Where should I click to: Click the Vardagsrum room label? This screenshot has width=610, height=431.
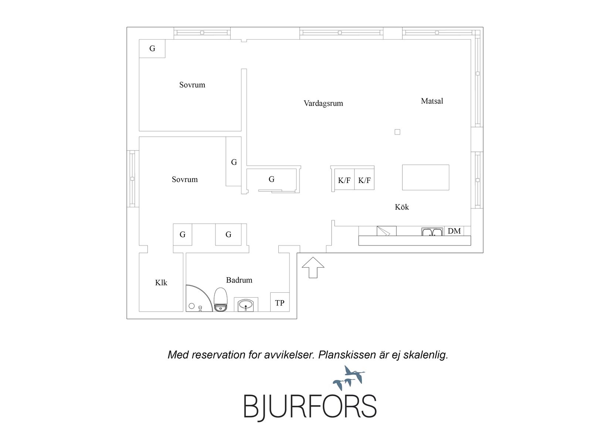pyautogui.click(x=323, y=103)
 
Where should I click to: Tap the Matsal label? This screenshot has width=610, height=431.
pyautogui.click(x=432, y=101)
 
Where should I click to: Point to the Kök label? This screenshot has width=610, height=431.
pyautogui.click(x=401, y=207)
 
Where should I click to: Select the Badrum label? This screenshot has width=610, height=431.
pyautogui.click(x=239, y=280)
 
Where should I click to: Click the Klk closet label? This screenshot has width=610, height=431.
pyautogui.click(x=161, y=283)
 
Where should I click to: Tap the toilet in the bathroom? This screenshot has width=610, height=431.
pyautogui.click(x=221, y=299)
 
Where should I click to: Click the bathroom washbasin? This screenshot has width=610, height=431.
pyautogui.click(x=246, y=304)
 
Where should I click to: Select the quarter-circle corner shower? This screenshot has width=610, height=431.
pyautogui.click(x=199, y=298)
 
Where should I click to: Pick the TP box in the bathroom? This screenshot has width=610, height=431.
pyautogui.click(x=279, y=302)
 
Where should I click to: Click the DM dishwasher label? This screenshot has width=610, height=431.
pyautogui.click(x=454, y=231)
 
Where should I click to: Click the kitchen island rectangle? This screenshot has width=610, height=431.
pyautogui.click(x=426, y=177)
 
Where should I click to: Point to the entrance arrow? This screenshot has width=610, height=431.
pyautogui.click(x=313, y=267)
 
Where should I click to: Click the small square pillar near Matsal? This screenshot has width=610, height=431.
pyautogui.click(x=397, y=132)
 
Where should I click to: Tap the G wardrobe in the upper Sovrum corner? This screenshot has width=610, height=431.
pyautogui.click(x=152, y=48)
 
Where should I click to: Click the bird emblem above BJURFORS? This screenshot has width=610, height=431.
pyautogui.click(x=349, y=378)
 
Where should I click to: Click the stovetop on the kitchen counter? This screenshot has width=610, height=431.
pyautogui.click(x=386, y=231)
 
